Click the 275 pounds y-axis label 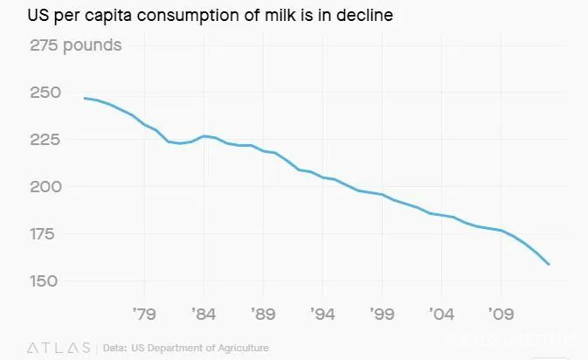[x=76, y=45]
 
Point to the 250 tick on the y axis [x=46, y=93]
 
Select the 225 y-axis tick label [x=46, y=140]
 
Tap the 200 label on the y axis [x=46, y=187]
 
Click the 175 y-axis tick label [x=46, y=234]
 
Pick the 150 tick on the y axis [x=46, y=281]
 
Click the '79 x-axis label [x=144, y=312]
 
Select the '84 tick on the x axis [x=204, y=312]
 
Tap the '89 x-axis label [x=263, y=312]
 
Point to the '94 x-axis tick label [x=322, y=312]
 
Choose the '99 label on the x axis [x=382, y=312]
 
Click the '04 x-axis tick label [x=441, y=312]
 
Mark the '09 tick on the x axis [x=501, y=312]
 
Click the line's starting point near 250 [x=85, y=98]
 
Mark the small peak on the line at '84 [x=204, y=135]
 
